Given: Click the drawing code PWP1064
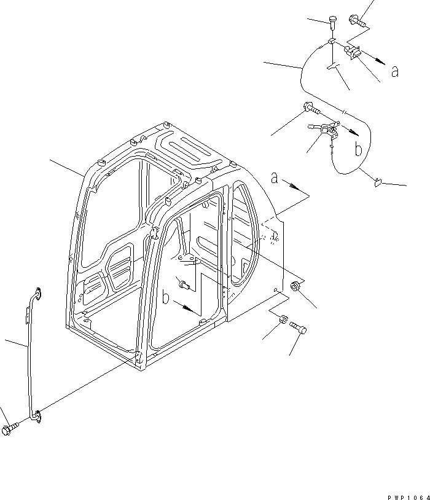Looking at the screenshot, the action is click(x=408, y=498).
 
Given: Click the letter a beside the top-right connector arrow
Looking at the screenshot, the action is click(x=395, y=71).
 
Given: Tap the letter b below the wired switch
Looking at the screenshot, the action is click(x=359, y=149).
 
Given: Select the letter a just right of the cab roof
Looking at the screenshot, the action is click(x=275, y=178).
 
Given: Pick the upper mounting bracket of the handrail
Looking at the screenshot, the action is click(x=37, y=294).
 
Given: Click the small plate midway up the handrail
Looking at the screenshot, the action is click(x=28, y=315).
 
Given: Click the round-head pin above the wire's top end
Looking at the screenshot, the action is click(x=332, y=22).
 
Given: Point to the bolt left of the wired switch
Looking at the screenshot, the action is click(x=311, y=107).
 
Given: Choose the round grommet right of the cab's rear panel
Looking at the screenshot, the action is click(x=295, y=286).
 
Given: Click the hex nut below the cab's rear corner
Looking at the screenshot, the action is click(x=283, y=319).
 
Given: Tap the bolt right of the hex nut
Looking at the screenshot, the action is click(x=299, y=328).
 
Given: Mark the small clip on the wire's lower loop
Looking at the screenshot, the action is click(x=378, y=182).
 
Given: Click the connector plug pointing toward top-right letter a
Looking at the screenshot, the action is click(x=352, y=52).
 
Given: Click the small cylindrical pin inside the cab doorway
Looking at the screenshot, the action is click(x=185, y=285).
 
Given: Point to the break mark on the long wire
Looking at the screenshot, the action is click(x=343, y=112).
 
